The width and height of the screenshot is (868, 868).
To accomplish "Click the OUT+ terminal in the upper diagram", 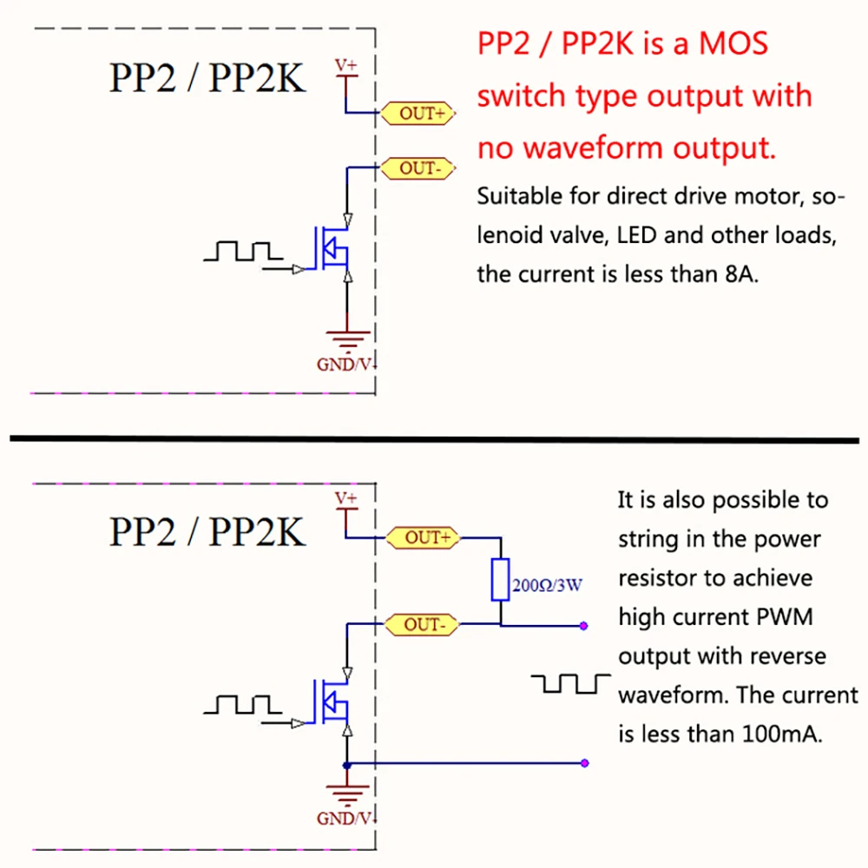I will point(421,113).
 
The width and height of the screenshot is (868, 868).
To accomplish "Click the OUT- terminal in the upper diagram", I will point(421,168).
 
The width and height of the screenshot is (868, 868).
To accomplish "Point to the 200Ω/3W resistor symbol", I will point(500,580).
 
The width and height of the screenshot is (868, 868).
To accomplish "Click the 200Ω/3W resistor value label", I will point(547,585).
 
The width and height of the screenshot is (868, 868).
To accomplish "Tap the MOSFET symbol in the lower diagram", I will point(332,702).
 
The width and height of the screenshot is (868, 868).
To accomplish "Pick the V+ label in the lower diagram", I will point(346,498).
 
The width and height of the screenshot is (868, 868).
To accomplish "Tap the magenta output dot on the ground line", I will point(585,764).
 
